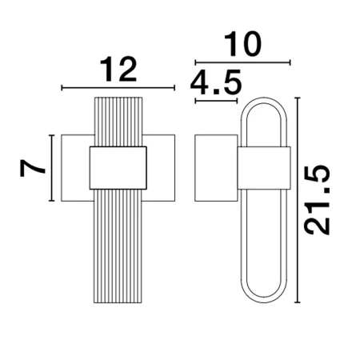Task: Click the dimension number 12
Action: pyautogui.click(x=118, y=70)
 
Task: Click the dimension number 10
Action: pyautogui.click(x=242, y=44)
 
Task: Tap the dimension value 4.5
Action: pyautogui.click(x=216, y=82)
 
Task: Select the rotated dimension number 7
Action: pyautogui.click(x=32, y=168)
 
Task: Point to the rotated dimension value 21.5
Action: pyautogui.click(x=317, y=200)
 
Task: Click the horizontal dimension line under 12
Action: pyautogui.click(x=118, y=87)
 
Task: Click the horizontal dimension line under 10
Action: pyautogui.click(x=242, y=62)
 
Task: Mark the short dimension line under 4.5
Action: pyautogui.click(x=216, y=101)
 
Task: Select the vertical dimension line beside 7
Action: pyautogui.click(x=51, y=168)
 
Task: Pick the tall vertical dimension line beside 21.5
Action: pyautogui.click(x=298, y=200)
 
